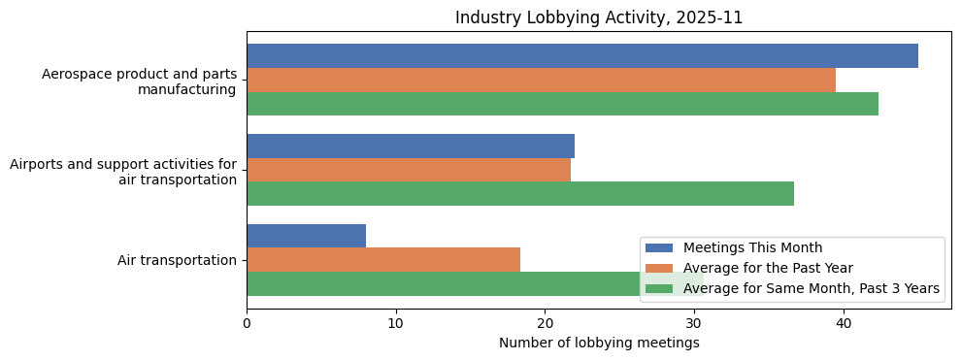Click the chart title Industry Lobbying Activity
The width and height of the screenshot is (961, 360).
point(599,17)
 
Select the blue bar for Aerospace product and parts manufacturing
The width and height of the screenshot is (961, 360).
point(582,56)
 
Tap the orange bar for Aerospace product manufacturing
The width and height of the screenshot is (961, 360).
point(541,81)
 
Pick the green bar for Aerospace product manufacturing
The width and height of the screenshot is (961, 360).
point(562,104)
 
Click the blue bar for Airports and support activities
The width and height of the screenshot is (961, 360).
point(411,146)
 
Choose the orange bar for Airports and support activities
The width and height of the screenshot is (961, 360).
point(409,170)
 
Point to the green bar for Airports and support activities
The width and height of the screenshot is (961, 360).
point(520,193)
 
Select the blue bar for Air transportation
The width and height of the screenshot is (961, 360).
point(307,236)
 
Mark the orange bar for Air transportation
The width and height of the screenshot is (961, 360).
point(383,260)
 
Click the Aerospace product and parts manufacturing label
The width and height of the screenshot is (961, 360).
point(139,82)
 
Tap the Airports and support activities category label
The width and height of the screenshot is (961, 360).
point(123,172)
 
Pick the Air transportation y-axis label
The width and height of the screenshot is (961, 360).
point(177,260)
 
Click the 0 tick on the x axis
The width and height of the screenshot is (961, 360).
point(247,323)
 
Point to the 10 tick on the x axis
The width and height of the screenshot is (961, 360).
point(396,323)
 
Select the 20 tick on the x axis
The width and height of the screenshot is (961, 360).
point(545,323)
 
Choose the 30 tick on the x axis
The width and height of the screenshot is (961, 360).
point(694,323)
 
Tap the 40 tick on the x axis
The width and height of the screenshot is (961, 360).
point(844,323)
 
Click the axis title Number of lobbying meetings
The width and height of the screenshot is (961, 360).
point(599,343)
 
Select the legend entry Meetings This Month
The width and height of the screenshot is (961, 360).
point(752,247)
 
